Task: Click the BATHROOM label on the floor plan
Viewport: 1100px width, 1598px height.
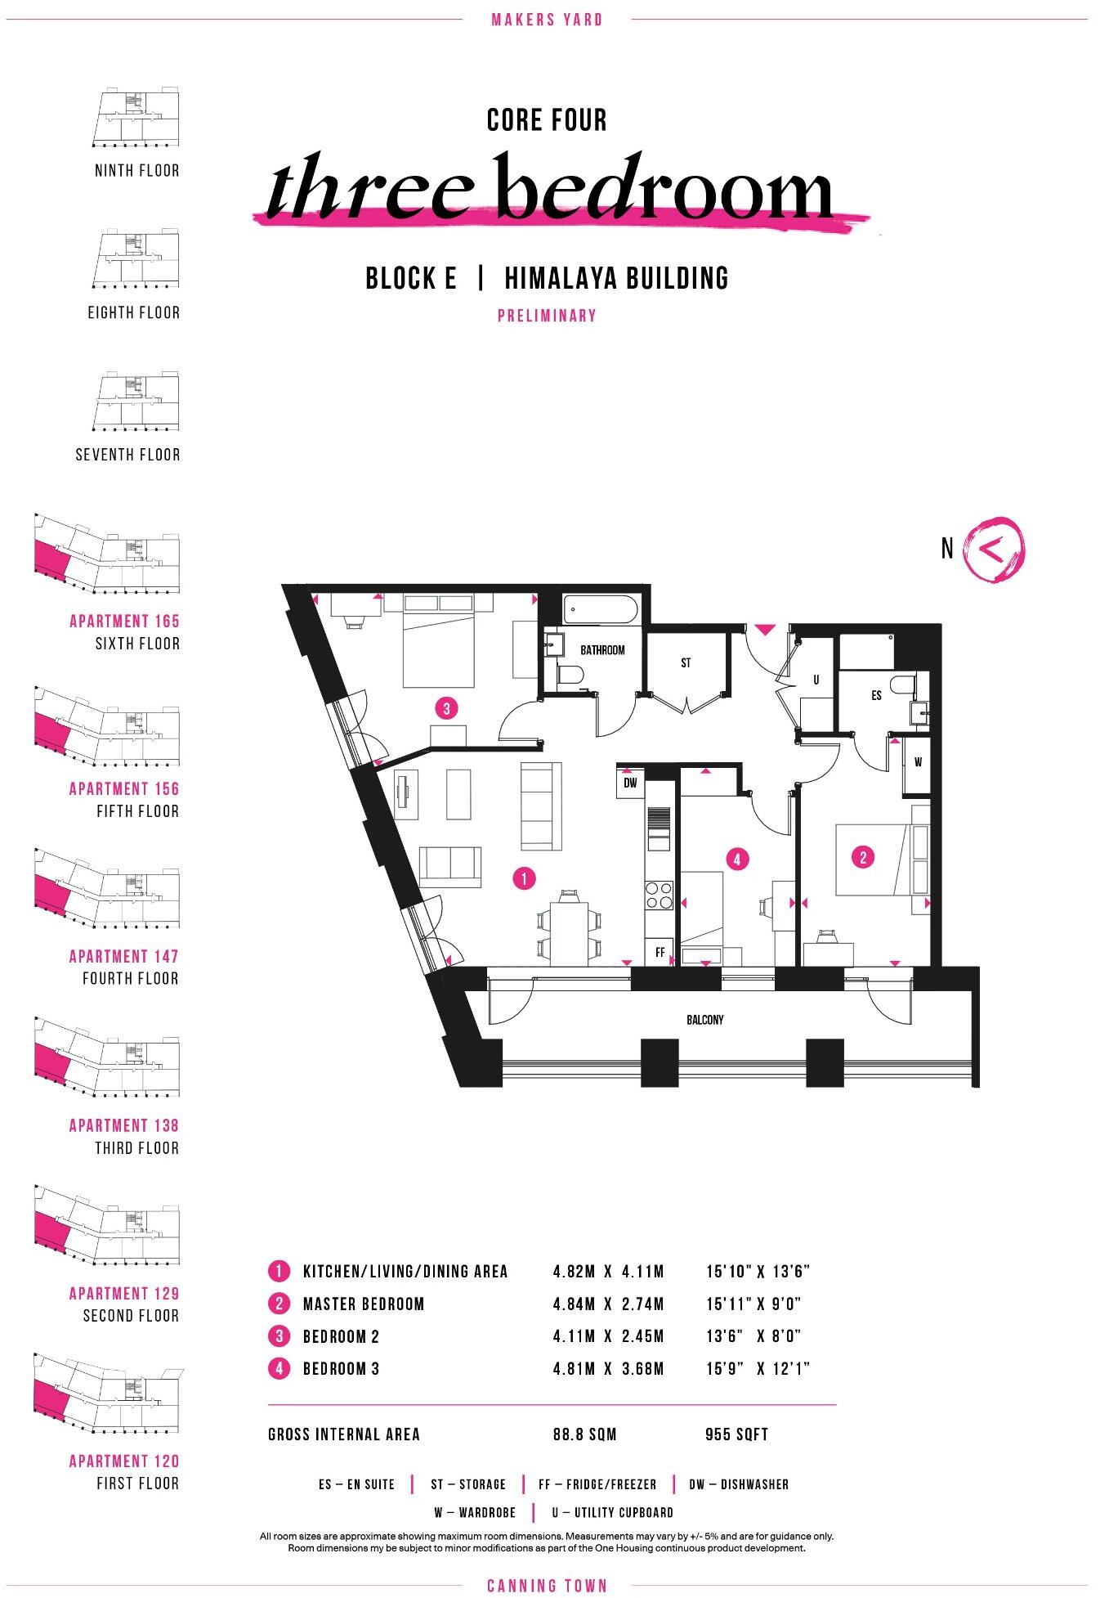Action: point(602,650)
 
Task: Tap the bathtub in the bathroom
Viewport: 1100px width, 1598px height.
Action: point(603,609)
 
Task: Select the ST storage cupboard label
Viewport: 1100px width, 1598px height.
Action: point(686,663)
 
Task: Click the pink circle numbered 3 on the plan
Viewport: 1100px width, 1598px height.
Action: point(446,708)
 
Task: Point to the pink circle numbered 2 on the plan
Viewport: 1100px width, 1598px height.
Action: point(863,857)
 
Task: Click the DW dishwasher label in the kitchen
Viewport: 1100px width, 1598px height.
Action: point(630,783)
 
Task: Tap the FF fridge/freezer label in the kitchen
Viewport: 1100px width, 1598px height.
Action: point(660,953)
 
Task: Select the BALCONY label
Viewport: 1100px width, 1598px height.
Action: point(704,1020)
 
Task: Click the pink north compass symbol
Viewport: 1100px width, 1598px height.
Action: point(994,550)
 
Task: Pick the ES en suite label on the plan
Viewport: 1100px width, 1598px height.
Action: point(876,696)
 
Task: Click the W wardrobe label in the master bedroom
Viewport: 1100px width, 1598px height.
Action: point(918,763)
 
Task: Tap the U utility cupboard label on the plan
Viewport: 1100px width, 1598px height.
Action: point(816,680)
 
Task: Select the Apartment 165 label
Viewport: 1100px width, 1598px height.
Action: point(124,621)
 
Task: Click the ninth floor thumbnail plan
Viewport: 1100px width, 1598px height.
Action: point(135,119)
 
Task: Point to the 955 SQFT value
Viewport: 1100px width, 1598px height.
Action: point(736,1434)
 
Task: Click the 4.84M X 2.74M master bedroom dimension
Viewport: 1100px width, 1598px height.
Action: point(608,1304)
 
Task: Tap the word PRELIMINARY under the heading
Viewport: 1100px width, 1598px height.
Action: point(547,316)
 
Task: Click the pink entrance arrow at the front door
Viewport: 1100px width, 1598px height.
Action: point(764,630)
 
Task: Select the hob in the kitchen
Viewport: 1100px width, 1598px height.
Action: point(658,895)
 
